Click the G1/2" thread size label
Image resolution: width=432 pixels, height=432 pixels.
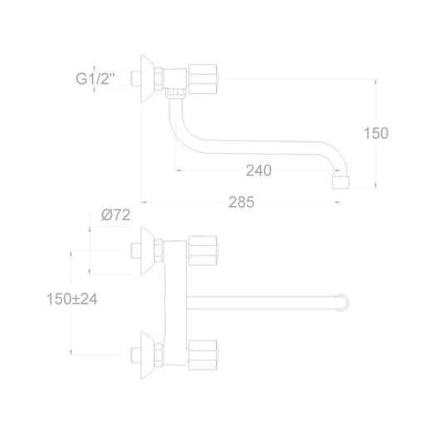click(95, 79)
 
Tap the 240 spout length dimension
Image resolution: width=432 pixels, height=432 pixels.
click(258, 170)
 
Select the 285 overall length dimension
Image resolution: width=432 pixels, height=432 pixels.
click(241, 203)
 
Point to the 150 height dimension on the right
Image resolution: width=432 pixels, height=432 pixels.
click(376, 133)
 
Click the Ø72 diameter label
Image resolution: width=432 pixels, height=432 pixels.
click(115, 215)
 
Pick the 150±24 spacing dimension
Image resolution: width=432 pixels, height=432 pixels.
click(72, 299)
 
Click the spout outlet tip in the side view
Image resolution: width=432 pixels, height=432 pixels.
click(341, 182)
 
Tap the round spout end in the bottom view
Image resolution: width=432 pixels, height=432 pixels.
click(343, 302)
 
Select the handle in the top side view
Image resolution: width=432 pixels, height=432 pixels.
click(203, 79)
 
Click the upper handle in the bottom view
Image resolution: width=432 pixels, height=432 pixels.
click(203, 251)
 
